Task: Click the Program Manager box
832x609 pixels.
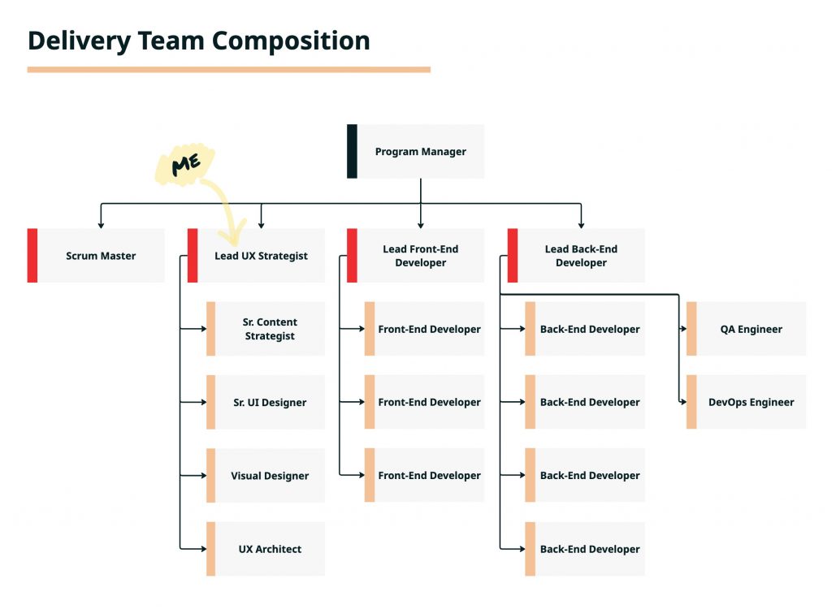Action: pyautogui.click(x=420, y=152)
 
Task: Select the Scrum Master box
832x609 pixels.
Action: pyautogui.click(x=101, y=256)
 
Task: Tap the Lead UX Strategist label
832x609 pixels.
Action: pyautogui.click(x=261, y=256)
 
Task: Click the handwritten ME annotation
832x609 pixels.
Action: pyautogui.click(x=185, y=165)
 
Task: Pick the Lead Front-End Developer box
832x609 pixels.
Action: pyautogui.click(x=420, y=256)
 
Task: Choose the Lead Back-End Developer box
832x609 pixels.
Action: pyautogui.click(x=580, y=256)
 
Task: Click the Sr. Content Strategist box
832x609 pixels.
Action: pyautogui.click(x=269, y=329)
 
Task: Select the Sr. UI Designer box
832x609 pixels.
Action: pyautogui.click(x=269, y=402)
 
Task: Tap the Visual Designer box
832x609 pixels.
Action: pyautogui.click(x=269, y=476)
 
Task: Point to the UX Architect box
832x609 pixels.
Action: pyautogui.click(x=269, y=549)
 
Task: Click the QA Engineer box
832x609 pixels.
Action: pyautogui.click(x=750, y=329)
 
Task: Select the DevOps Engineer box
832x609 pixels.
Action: pyautogui.click(x=750, y=402)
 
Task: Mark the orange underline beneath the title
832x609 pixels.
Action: pyautogui.click(x=228, y=70)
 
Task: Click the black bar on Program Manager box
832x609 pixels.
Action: pyautogui.click(x=352, y=151)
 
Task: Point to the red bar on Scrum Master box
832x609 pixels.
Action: pyautogui.click(x=32, y=256)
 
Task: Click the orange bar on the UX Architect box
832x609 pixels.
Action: pyautogui.click(x=210, y=549)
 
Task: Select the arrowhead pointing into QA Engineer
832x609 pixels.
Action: pyautogui.click(x=683, y=329)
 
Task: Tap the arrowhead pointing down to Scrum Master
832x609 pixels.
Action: pyautogui.click(x=101, y=223)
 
